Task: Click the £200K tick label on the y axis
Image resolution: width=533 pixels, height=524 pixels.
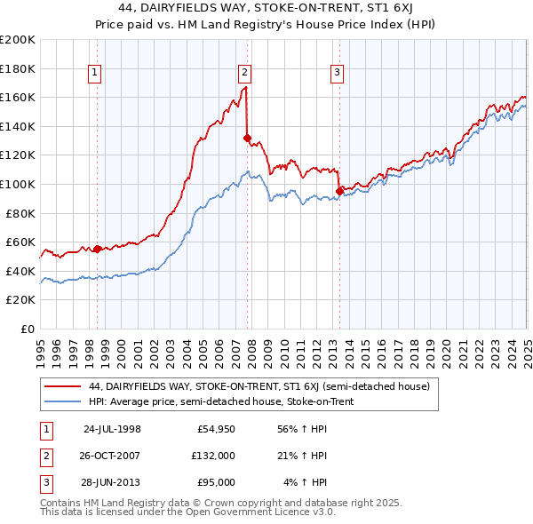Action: tap(18, 40)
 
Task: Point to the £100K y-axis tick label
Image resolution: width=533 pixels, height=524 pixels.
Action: tap(18, 185)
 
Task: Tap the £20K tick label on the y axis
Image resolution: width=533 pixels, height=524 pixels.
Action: tap(20, 300)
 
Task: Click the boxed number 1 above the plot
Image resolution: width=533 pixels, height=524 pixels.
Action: tap(95, 74)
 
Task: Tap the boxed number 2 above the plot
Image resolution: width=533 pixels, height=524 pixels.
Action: tap(244, 74)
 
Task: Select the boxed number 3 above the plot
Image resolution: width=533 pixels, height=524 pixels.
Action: tap(338, 74)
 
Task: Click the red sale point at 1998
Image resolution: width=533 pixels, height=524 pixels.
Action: tap(97, 249)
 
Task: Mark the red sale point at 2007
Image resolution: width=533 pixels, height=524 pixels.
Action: tap(247, 138)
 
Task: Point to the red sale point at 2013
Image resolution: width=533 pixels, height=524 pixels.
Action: tap(339, 191)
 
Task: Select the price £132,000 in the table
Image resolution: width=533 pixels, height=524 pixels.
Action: tap(212, 457)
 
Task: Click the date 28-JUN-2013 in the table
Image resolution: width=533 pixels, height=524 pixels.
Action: tap(112, 482)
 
